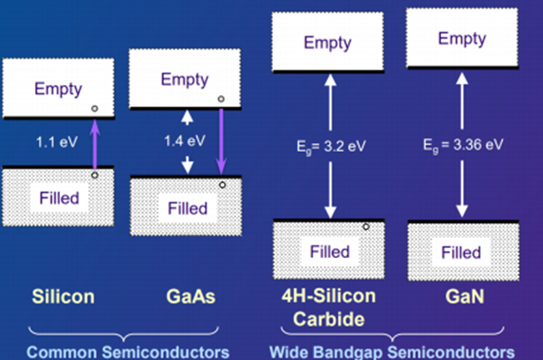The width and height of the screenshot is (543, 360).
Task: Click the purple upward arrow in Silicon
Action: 94,143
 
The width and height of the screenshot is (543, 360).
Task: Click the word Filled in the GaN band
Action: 461,251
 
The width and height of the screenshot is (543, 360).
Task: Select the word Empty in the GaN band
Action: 461,39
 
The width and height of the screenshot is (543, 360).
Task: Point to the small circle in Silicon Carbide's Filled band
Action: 366,226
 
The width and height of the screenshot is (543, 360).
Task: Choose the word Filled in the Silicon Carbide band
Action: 330,251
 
